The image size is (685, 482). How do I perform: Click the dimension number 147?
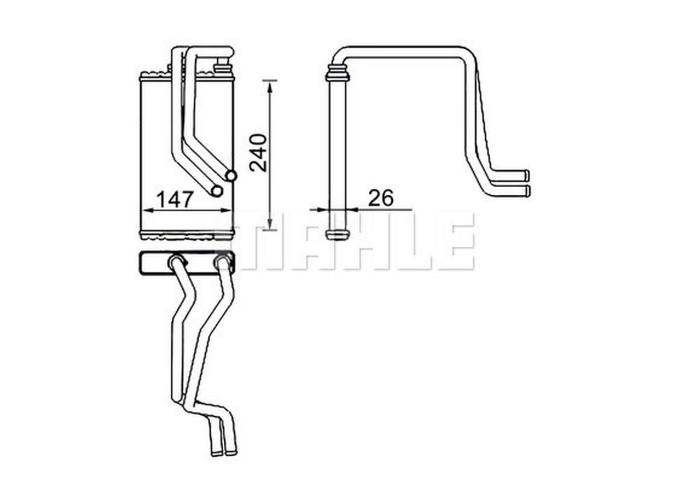point(174,200)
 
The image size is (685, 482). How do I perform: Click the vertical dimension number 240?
point(258,152)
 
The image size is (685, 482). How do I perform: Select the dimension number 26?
point(381,198)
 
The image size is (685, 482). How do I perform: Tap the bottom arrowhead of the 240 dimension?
point(270,225)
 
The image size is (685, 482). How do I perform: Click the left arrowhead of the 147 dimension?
point(146,211)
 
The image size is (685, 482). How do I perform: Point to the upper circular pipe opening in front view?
point(231,175)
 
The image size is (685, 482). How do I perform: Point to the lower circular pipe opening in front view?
point(217,190)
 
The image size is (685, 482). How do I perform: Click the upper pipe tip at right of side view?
point(527,175)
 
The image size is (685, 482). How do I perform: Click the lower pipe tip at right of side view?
point(527,191)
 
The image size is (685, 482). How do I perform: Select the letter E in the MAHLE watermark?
point(455,241)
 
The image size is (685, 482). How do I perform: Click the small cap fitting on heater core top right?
point(220,67)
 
